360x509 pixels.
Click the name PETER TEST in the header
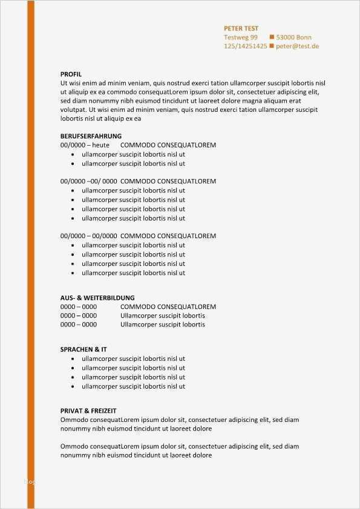pos(241,28)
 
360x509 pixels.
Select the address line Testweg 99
pos(240,37)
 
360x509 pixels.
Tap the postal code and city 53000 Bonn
pos(294,37)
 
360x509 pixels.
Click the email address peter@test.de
pos(297,46)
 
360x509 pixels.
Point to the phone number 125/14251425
pos(245,46)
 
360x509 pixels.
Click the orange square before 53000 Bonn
pos(272,37)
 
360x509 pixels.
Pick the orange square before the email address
pos(272,46)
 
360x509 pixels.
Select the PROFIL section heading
pos(71,74)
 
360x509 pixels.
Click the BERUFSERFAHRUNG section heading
pos(91,136)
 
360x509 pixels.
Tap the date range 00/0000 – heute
pos(85,145)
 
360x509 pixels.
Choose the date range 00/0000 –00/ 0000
pos(88,181)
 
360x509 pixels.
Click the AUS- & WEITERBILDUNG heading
pos(97,298)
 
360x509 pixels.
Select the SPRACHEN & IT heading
pos(84,349)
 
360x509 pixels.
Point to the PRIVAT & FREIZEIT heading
pos(88,410)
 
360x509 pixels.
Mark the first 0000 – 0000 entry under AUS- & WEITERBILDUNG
pos(79,306)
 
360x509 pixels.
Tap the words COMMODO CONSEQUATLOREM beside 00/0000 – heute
pos(168,145)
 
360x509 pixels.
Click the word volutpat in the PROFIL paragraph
pos(73,110)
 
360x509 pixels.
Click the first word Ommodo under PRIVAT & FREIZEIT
pos(74,420)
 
